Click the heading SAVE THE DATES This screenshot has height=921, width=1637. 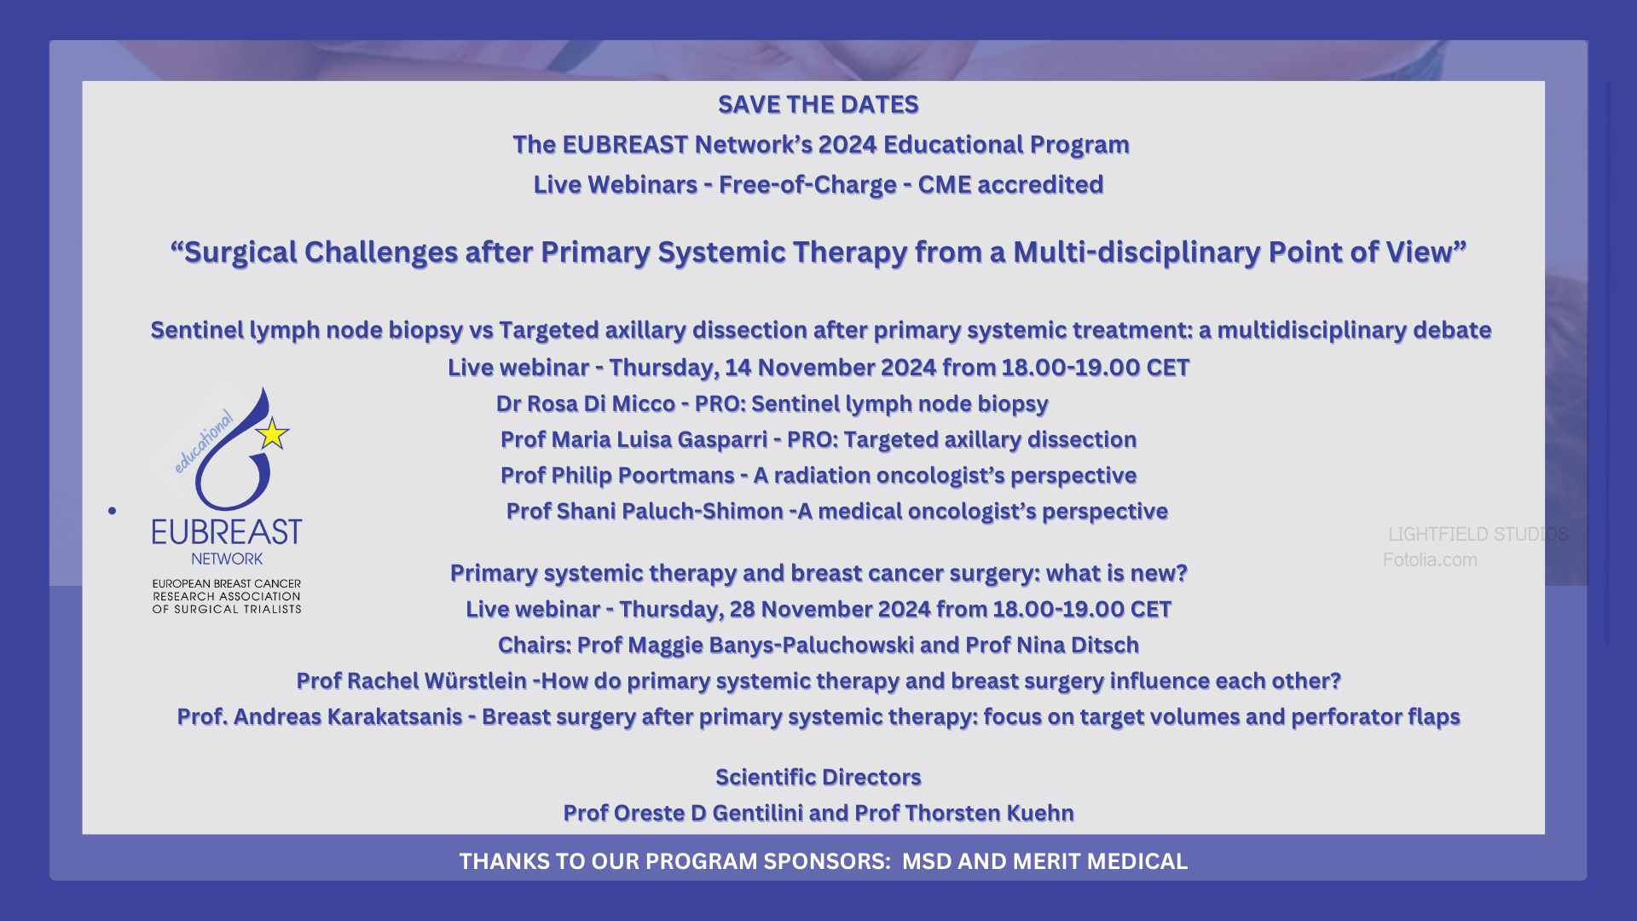[818, 104]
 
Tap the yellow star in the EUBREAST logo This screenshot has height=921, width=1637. [272, 434]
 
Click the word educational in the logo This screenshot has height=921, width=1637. [203, 441]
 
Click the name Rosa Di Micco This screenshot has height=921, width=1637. [601, 403]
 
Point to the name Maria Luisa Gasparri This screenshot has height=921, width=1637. [659, 439]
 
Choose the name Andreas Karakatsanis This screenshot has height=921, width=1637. [348, 716]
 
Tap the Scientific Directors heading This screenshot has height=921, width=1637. [818, 777]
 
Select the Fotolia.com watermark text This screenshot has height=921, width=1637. [1430, 560]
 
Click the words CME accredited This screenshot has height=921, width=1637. [1010, 184]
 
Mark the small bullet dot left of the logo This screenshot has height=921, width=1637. [112, 511]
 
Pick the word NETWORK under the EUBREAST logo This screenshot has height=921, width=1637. [227, 559]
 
